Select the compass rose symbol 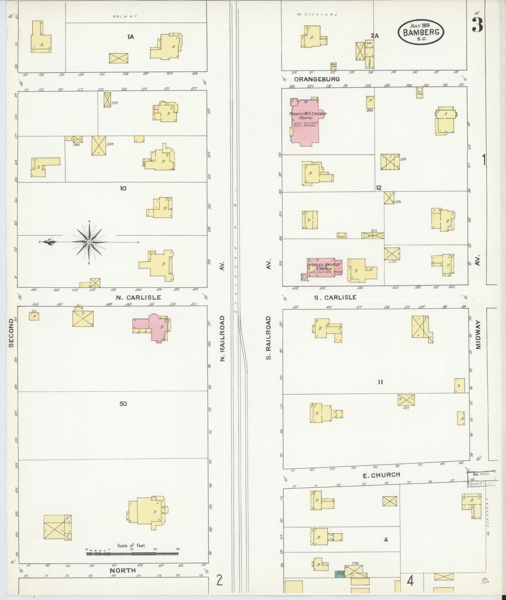[89, 242]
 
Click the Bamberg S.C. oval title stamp [421, 32]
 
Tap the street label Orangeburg [317, 79]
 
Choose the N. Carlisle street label [139, 297]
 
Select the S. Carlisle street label [335, 297]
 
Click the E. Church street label [381, 475]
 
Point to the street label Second [11, 333]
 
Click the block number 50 [123, 404]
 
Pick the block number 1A [130, 37]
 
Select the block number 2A [375, 36]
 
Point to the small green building [340, 574]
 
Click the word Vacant [125, 16]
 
